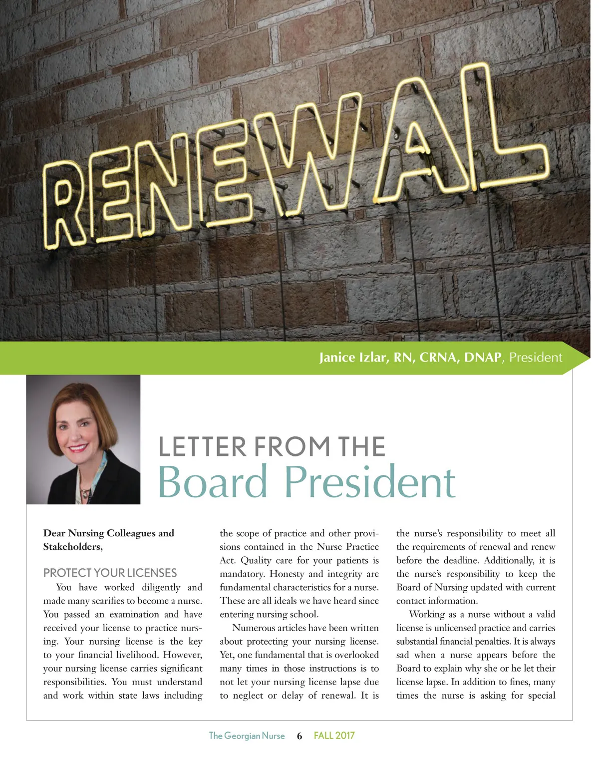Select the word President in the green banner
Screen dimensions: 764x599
pyautogui.click(x=536, y=358)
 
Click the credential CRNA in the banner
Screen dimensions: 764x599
pyautogui.click(x=438, y=358)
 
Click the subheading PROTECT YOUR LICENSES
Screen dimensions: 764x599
pyautogui.click(x=110, y=573)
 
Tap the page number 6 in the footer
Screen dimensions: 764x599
pyautogui.click(x=299, y=736)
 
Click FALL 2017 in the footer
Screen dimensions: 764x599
pyautogui.click(x=334, y=736)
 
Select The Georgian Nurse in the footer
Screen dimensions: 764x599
pyautogui.click(x=247, y=736)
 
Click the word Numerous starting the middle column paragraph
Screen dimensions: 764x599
pyautogui.click(x=255, y=628)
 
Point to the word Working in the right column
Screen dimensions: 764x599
pyautogui.click(x=427, y=615)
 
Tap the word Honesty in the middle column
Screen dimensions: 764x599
pyautogui.click(x=287, y=574)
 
